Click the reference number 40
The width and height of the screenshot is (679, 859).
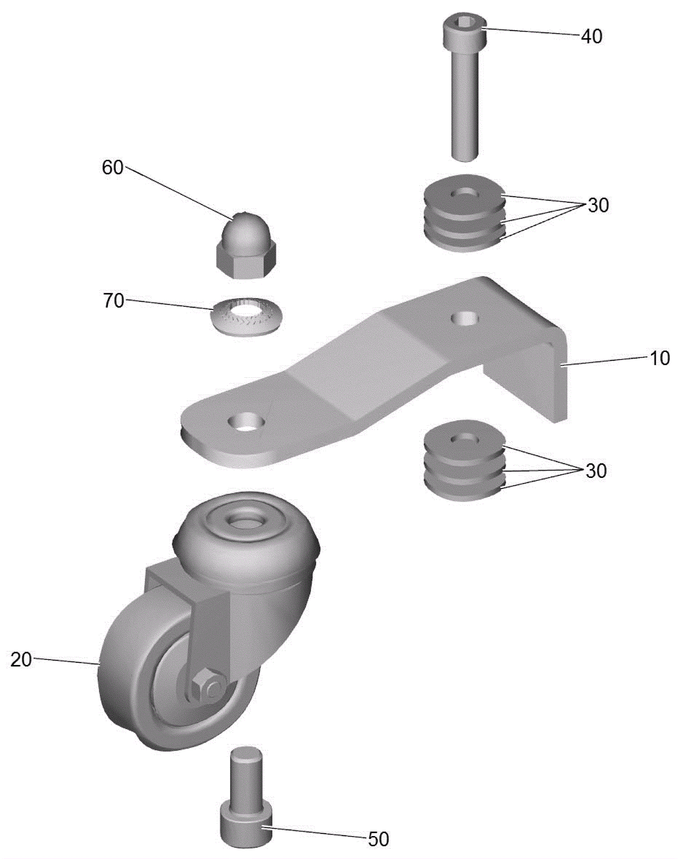pyautogui.click(x=591, y=36)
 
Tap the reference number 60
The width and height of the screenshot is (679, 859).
pyautogui.click(x=112, y=168)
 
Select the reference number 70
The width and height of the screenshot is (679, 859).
pyautogui.click(x=114, y=301)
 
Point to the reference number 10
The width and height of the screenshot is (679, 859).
pyautogui.click(x=659, y=358)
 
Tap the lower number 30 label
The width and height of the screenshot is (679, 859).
pyautogui.click(x=596, y=471)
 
